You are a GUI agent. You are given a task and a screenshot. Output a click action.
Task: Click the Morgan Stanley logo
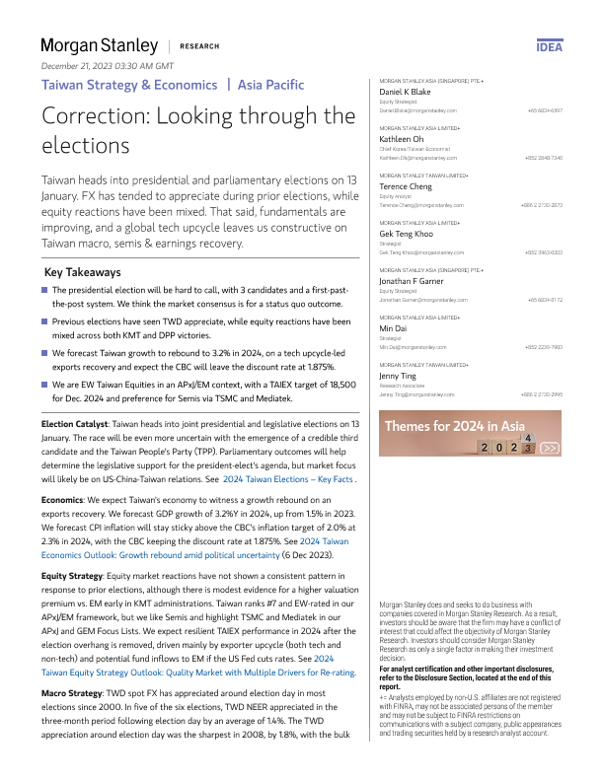pyautogui.click(x=99, y=45)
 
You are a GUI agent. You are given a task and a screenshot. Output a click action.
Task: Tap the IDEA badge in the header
pyautogui.click(x=550, y=46)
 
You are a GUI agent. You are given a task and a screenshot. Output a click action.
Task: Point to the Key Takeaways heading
pyautogui.click(x=83, y=272)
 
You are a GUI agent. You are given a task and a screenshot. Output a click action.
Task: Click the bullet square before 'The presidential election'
pyautogui.click(x=45, y=290)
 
